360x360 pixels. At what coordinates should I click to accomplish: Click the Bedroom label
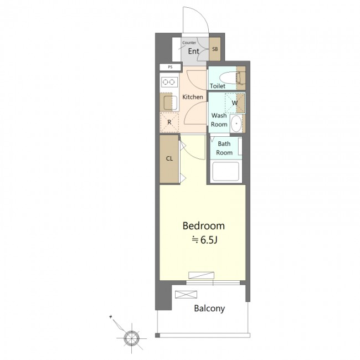coord(203,226)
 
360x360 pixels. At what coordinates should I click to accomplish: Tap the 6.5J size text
coord(204,240)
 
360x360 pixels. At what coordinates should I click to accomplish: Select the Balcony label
coord(209,308)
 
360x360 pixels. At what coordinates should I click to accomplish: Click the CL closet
coord(169,159)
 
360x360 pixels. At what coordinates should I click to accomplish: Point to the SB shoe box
coord(215,49)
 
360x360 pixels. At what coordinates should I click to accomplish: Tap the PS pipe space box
coord(170,67)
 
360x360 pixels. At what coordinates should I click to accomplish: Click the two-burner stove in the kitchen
coord(169,82)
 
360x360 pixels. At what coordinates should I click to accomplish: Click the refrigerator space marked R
coord(169,122)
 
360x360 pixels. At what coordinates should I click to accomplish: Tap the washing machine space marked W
coord(235,103)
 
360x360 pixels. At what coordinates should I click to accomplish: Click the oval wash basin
coord(236,124)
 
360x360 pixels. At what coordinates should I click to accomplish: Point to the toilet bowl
coord(231,78)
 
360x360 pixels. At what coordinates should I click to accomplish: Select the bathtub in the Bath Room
coord(225,172)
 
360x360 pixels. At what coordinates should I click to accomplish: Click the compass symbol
coord(131,338)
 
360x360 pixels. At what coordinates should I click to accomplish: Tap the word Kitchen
coord(193,97)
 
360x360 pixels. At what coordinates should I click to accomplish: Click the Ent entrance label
coord(193,51)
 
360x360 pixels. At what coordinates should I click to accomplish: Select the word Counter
coord(189,43)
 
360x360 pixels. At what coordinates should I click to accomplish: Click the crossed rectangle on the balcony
coord(186,295)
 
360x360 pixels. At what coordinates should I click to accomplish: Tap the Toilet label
coord(218,86)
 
